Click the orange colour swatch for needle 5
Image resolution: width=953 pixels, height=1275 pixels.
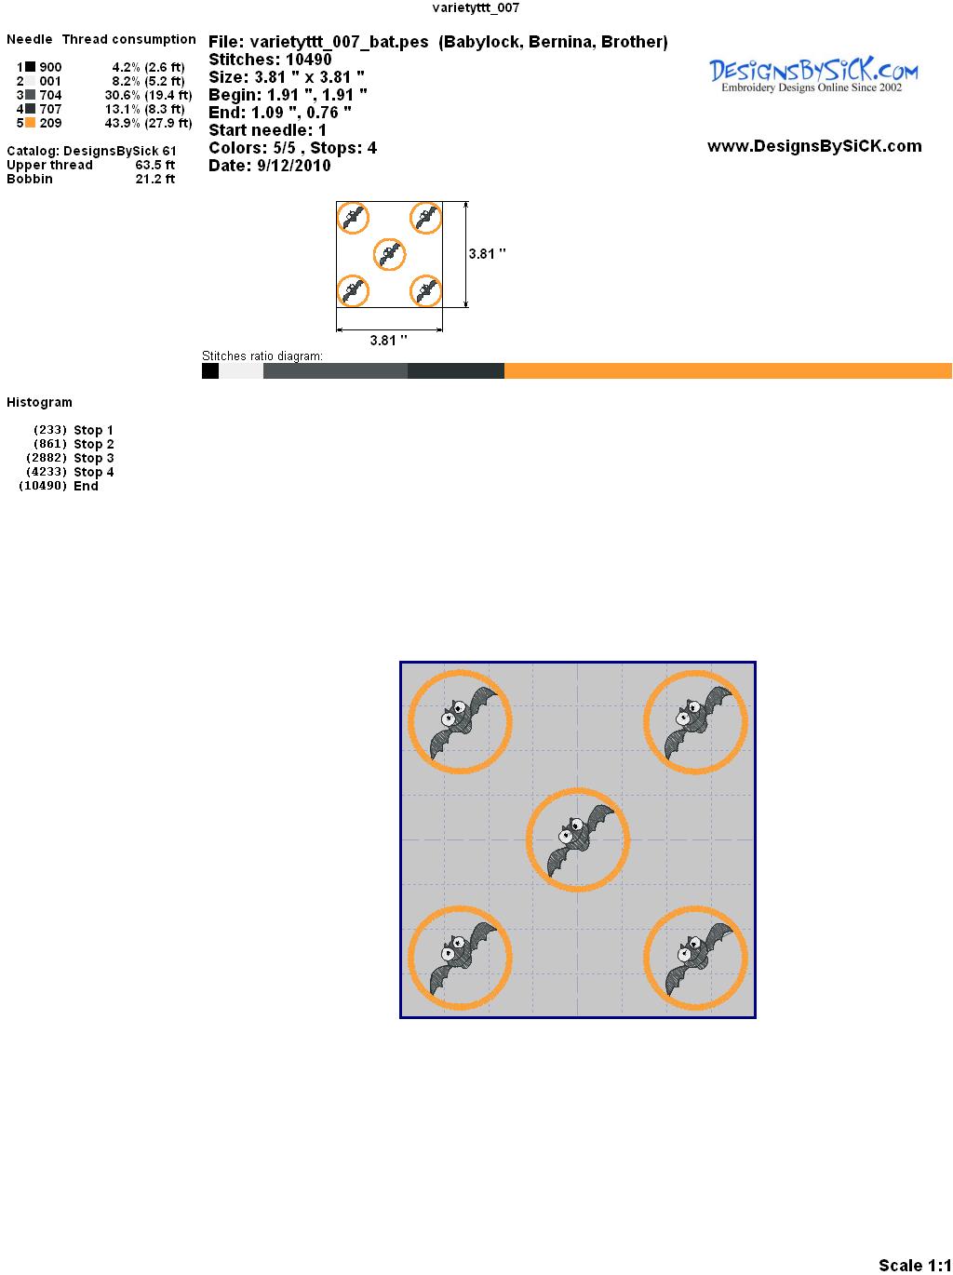[30, 123]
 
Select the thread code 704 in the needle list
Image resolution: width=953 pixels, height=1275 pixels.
[50, 95]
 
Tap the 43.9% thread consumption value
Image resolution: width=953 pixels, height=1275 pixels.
[123, 123]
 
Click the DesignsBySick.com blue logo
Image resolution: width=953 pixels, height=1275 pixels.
[813, 74]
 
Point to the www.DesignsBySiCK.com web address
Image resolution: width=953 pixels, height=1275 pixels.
[814, 146]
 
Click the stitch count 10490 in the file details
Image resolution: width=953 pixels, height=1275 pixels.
[309, 60]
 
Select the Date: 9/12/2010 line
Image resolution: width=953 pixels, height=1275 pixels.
[270, 166]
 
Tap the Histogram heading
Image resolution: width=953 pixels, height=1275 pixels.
[39, 402]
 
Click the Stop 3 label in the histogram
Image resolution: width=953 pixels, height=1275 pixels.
[93, 458]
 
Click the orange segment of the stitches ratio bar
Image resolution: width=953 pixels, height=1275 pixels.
[728, 370]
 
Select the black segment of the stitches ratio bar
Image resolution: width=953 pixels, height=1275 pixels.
[210, 370]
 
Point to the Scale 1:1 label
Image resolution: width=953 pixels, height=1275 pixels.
[915, 1265]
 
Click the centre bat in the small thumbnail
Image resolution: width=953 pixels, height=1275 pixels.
[388, 254]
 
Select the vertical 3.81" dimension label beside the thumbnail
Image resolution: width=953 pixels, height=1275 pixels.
[488, 254]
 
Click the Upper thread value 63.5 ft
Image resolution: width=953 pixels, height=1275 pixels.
[155, 165]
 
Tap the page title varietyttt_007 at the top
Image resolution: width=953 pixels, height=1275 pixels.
[476, 7]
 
